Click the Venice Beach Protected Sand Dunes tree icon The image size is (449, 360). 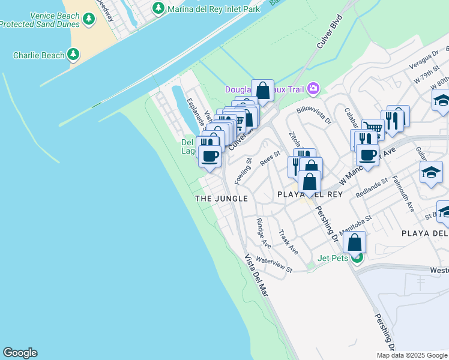(89, 19)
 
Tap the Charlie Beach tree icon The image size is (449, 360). (73, 55)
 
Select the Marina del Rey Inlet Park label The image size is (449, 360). (214, 9)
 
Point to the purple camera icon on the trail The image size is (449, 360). (313, 89)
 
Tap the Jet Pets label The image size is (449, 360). (333, 259)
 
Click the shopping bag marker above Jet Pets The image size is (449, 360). (355, 242)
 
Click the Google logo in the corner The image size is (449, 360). (20, 353)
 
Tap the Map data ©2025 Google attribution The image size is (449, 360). (412, 355)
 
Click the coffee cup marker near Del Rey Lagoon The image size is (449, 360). (209, 157)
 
